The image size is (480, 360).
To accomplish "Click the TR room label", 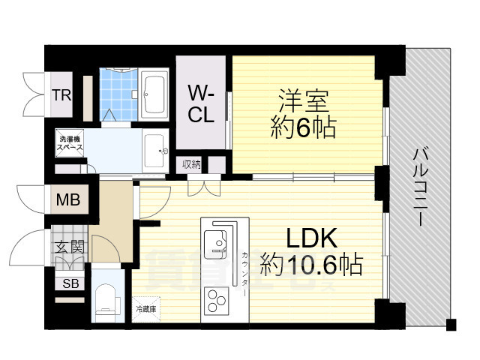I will [x=61, y=94].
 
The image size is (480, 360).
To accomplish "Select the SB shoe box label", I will [x=70, y=283].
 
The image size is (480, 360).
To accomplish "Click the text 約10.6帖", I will [x=311, y=264].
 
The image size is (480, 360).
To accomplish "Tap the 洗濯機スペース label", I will [x=73, y=144].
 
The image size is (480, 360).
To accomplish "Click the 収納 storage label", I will [x=190, y=164].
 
